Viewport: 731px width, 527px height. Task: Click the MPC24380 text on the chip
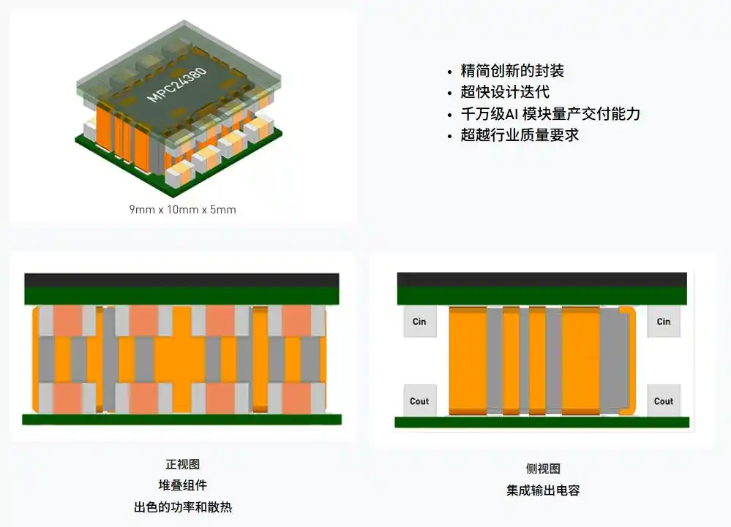pos(176,85)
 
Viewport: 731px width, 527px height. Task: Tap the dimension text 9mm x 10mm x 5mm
pos(182,210)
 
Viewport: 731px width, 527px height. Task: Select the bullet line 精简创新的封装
pos(512,71)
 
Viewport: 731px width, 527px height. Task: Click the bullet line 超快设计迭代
pos(505,92)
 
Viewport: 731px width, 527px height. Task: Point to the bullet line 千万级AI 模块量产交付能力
pos(550,113)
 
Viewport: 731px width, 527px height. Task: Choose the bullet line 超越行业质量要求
pos(520,135)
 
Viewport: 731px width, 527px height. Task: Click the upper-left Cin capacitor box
pos(419,321)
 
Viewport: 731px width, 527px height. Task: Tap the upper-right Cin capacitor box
pos(664,321)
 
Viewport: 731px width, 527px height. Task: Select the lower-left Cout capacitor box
pos(419,401)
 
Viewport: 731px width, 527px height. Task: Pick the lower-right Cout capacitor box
pos(664,401)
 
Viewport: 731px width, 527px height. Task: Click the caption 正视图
pos(182,464)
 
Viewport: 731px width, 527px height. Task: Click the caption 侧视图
pos(543,469)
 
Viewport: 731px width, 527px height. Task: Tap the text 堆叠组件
pos(182,485)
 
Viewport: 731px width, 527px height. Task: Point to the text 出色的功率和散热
pos(182,507)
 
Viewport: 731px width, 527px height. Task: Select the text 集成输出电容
pos(543,490)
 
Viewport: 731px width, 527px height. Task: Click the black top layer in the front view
pos(181,281)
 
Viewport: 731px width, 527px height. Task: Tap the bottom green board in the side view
pos(541,422)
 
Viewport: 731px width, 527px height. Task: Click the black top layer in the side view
pos(541,280)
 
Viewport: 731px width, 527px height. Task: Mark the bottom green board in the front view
pos(181,419)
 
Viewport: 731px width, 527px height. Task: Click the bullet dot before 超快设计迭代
pos(449,94)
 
